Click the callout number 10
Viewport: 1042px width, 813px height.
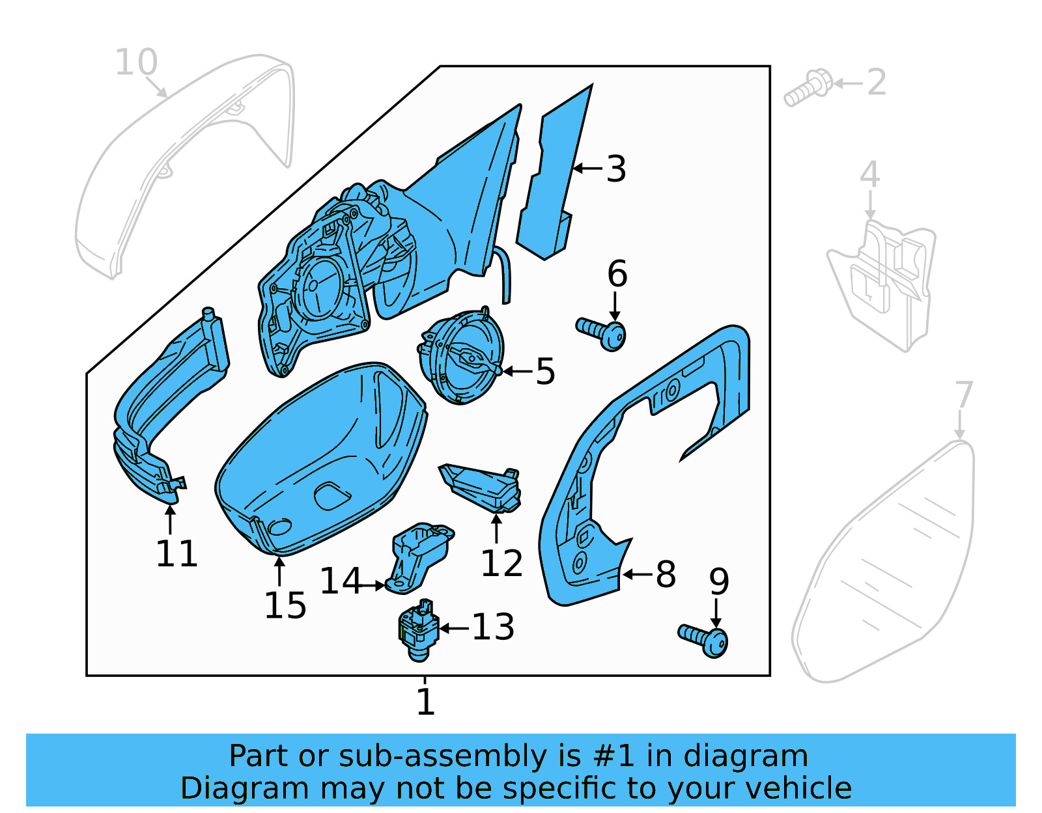click(136, 62)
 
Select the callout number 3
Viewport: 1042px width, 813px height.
click(615, 169)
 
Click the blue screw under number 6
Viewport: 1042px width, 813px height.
click(602, 331)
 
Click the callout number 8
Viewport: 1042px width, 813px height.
click(665, 574)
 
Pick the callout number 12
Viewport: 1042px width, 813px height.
click(501, 563)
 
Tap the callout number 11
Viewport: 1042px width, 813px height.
click(176, 554)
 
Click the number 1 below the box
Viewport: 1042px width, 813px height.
click(425, 701)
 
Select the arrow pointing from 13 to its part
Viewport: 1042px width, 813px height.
click(455, 628)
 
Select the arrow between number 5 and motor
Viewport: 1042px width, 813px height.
click(518, 371)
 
